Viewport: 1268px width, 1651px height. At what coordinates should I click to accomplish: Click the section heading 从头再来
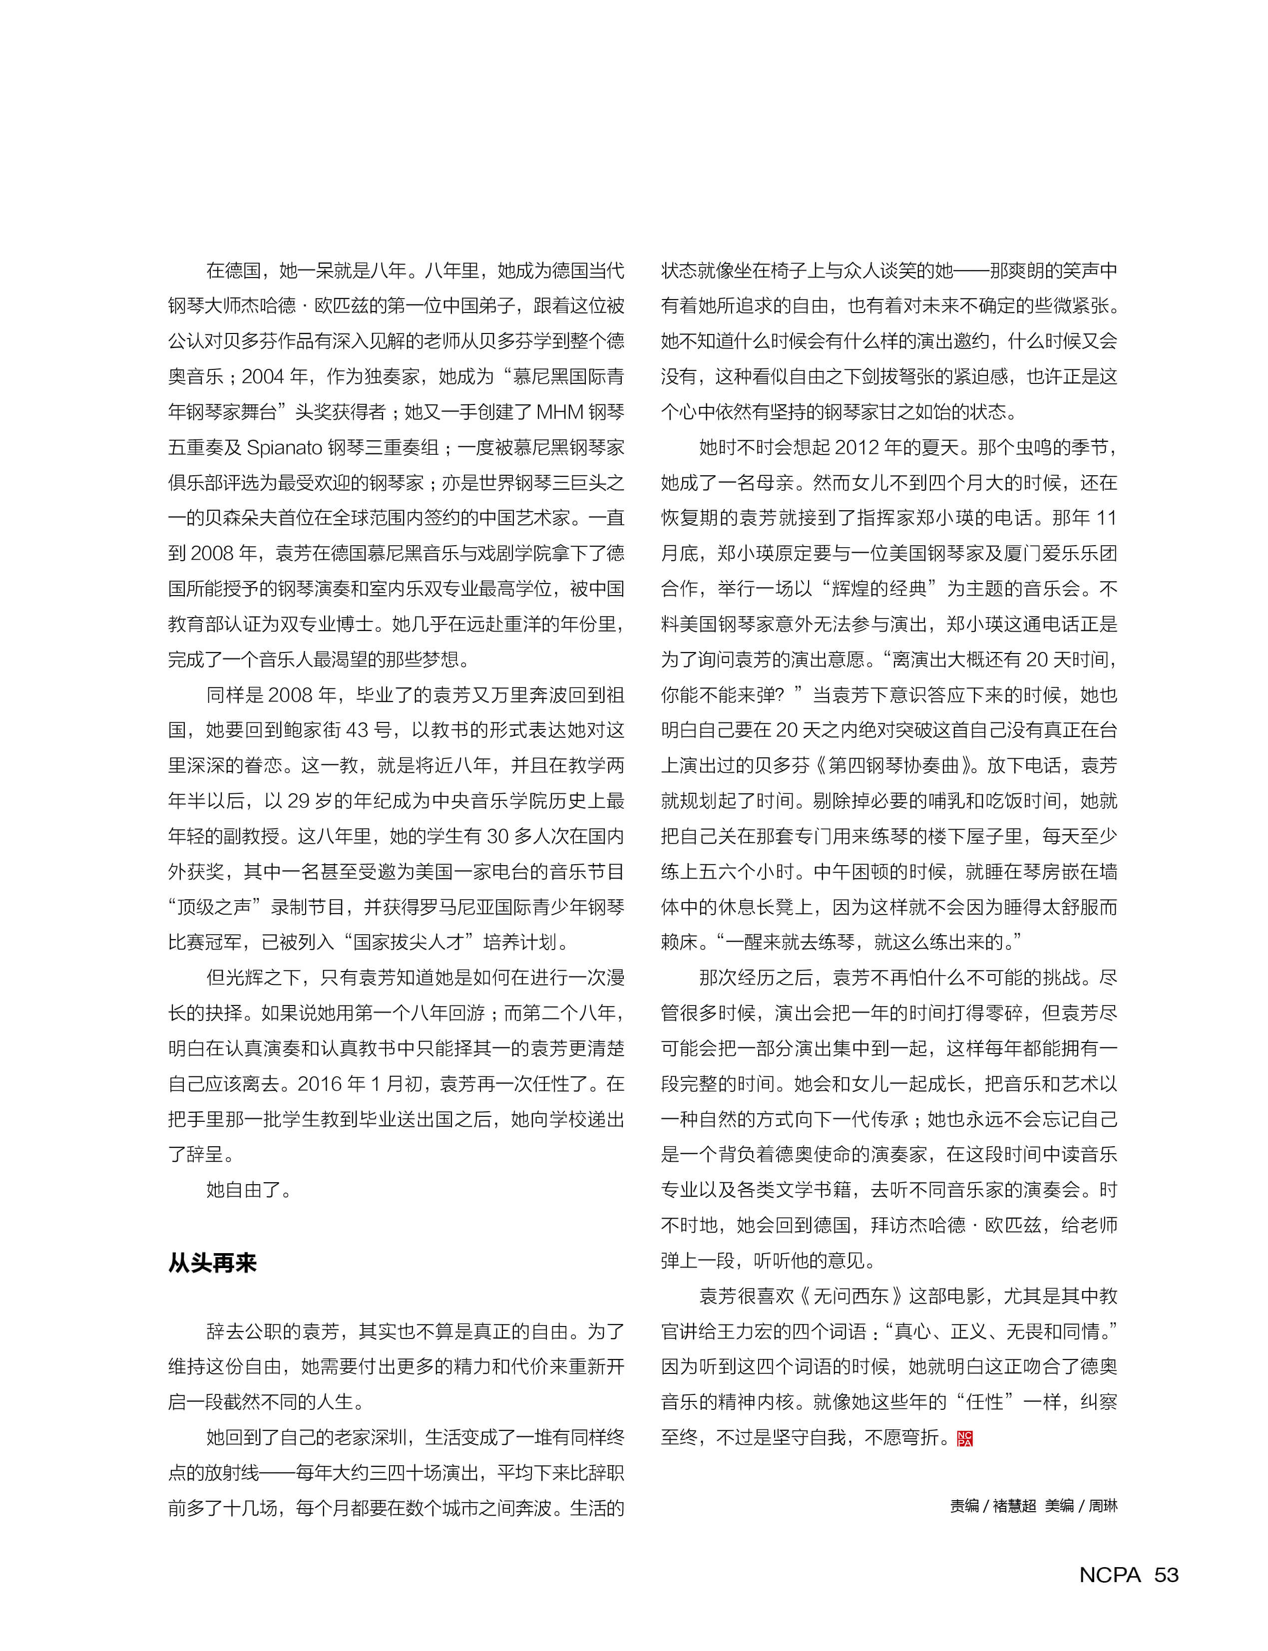[212, 1263]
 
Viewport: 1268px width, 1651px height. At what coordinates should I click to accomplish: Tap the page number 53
[1166, 1575]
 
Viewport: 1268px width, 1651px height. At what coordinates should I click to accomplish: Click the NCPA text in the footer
[1110, 1575]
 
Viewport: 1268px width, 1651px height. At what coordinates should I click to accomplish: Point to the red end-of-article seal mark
[964, 1438]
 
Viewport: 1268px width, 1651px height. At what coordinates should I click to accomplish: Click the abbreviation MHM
[558, 412]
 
